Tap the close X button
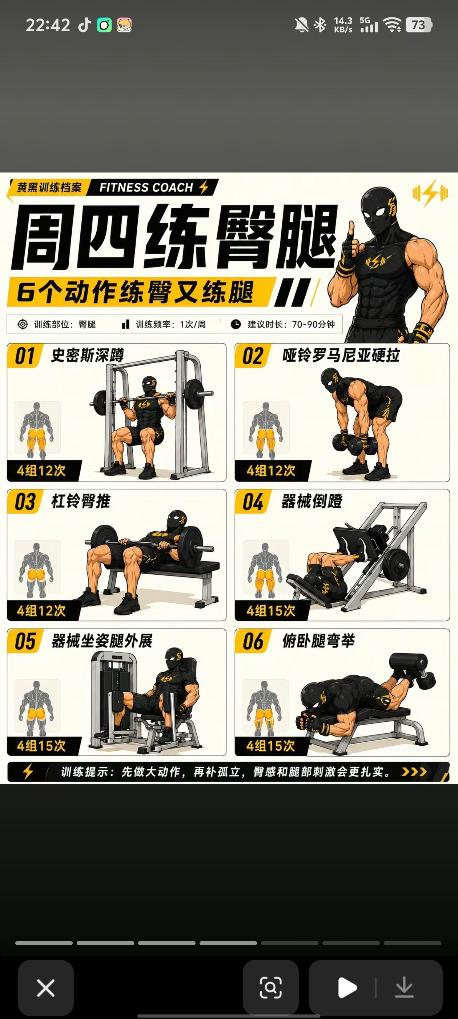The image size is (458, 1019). (x=45, y=988)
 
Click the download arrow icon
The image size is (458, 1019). (x=404, y=988)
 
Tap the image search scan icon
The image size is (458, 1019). (x=271, y=988)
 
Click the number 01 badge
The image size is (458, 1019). (x=25, y=356)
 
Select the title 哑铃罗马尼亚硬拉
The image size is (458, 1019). (x=341, y=355)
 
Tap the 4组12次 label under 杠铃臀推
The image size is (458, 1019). (x=41, y=610)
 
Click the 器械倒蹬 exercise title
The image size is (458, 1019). (x=312, y=501)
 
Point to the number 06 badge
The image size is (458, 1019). (x=253, y=641)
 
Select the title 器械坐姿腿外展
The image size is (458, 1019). (x=101, y=641)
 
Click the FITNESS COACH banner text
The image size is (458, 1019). (x=146, y=187)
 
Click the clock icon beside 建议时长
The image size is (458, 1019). (x=236, y=324)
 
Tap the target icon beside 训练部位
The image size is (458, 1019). (x=23, y=324)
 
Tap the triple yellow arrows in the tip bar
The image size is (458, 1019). (x=414, y=772)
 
